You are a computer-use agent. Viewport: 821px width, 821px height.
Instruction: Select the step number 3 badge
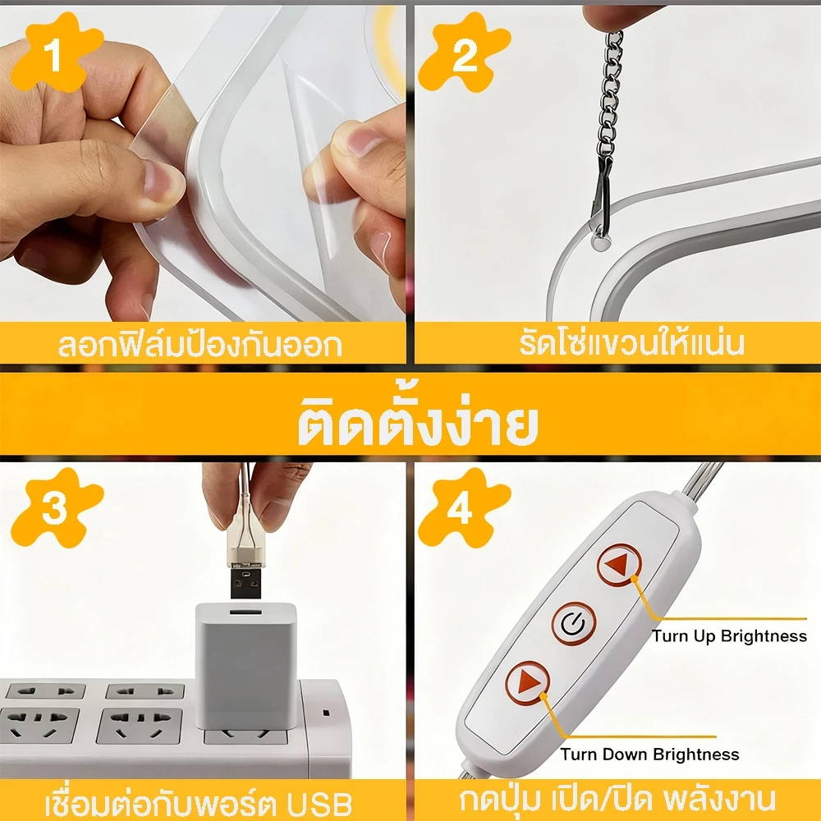pos(55,507)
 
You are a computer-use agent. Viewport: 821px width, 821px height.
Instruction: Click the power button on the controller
pos(574,623)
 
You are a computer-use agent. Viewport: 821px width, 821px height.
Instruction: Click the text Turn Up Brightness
pos(729,635)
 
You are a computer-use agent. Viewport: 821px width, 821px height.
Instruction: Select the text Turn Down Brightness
pos(649,754)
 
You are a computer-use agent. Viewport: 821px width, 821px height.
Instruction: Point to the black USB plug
pos(246,582)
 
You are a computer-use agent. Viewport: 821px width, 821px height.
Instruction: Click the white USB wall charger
pos(246,665)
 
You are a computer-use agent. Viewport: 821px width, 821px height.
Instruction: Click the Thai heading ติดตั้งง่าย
pos(418,422)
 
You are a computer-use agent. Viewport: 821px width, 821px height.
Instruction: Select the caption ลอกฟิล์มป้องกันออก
pos(200,345)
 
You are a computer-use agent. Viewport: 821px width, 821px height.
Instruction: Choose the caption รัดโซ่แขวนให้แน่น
pos(631,342)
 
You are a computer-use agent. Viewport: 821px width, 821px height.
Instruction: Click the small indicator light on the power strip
pos(326,713)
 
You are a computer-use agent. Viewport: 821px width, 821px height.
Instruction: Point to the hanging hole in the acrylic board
pos(600,242)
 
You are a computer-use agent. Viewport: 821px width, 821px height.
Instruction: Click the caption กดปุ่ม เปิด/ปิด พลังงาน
pos(618,799)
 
